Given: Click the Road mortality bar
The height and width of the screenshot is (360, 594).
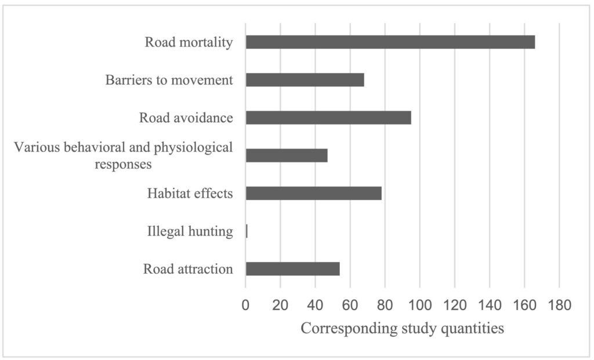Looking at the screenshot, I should [390, 42].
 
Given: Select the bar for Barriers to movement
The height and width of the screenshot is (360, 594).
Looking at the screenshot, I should [305, 80].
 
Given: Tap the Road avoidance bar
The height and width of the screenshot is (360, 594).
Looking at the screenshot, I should [328, 118].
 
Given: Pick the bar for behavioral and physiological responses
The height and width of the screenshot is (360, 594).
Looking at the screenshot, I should [287, 155].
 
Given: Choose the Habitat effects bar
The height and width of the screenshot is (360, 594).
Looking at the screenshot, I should [313, 193].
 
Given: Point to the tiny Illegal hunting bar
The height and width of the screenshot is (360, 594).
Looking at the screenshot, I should [247, 231].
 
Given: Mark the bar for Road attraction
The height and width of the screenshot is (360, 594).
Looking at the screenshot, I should [292, 269].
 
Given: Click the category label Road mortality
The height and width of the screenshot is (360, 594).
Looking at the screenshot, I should [189, 42].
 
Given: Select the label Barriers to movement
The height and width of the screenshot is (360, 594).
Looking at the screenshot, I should [169, 80].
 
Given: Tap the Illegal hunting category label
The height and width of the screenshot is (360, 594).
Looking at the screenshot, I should [190, 232].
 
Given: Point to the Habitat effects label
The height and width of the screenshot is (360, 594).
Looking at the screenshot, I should [190, 194].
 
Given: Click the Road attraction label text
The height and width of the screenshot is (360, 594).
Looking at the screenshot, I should [187, 270].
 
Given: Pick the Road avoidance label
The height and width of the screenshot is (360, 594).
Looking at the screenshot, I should [186, 118].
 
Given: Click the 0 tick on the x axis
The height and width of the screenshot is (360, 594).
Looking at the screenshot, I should [245, 304].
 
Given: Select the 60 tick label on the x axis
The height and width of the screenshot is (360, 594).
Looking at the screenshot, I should [350, 304].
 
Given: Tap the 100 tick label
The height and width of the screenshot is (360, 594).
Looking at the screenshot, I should [419, 304].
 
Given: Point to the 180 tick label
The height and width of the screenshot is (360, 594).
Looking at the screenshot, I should [559, 304].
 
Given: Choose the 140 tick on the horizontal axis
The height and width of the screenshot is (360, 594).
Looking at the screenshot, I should [490, 304].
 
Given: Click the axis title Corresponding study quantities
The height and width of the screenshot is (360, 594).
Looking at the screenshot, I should [402, 329].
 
